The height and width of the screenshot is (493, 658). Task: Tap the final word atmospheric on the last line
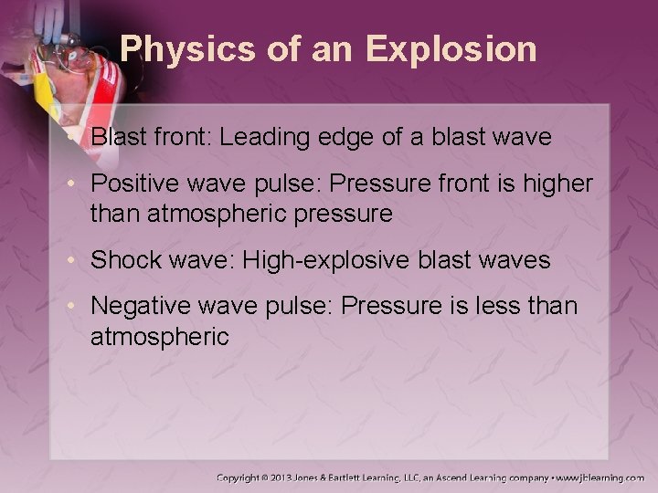point(159,337)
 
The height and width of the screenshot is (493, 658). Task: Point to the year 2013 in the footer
point(294,477)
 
